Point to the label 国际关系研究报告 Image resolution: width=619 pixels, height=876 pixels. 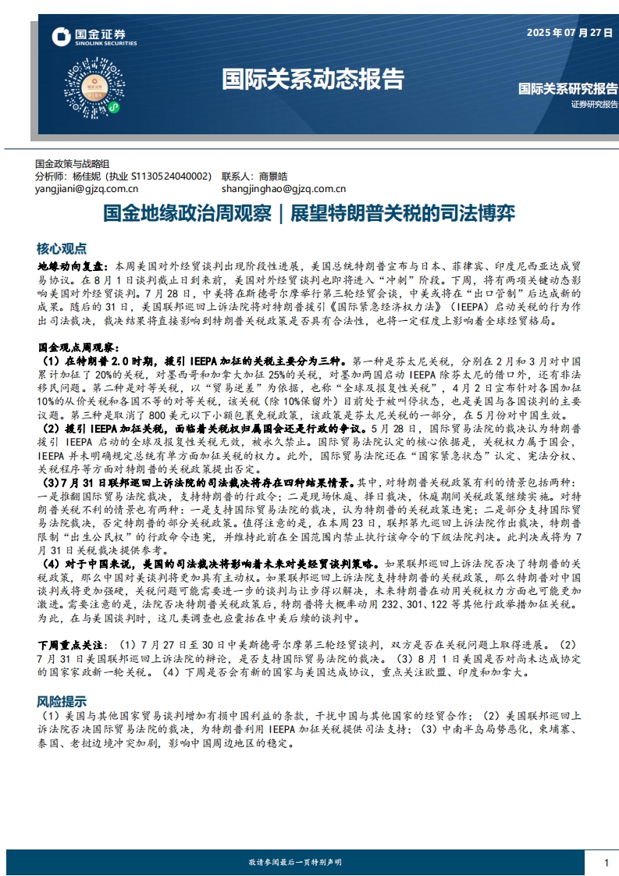567,89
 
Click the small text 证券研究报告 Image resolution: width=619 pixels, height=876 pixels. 593,104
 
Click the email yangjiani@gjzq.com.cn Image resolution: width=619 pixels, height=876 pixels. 87,188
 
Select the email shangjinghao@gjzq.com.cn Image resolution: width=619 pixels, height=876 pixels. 283,188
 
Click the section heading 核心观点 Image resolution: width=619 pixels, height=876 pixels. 62,248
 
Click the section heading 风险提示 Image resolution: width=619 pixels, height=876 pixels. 62,700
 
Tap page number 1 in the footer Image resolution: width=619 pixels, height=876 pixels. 606,862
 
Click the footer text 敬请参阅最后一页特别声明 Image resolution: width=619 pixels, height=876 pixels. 295,862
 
